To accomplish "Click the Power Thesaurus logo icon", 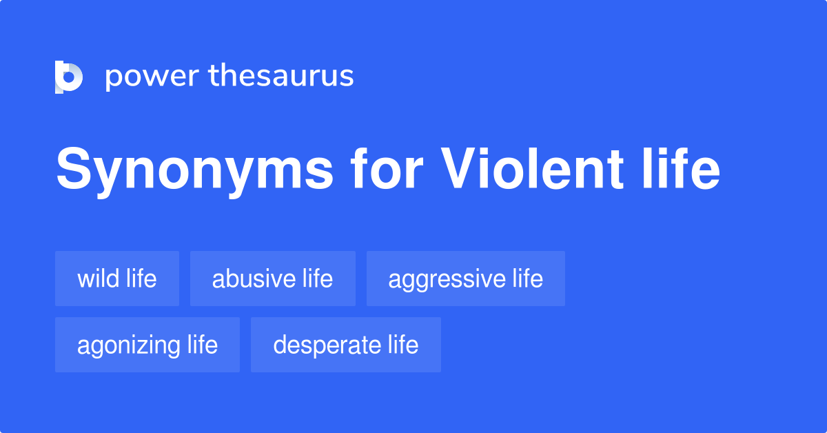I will point(69,77).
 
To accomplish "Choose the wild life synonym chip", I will point(117,279).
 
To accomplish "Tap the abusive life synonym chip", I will point(273,279).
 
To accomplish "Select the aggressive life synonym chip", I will point(466,279).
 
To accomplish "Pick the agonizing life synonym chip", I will point(147,345).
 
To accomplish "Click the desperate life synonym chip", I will point(346,345).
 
